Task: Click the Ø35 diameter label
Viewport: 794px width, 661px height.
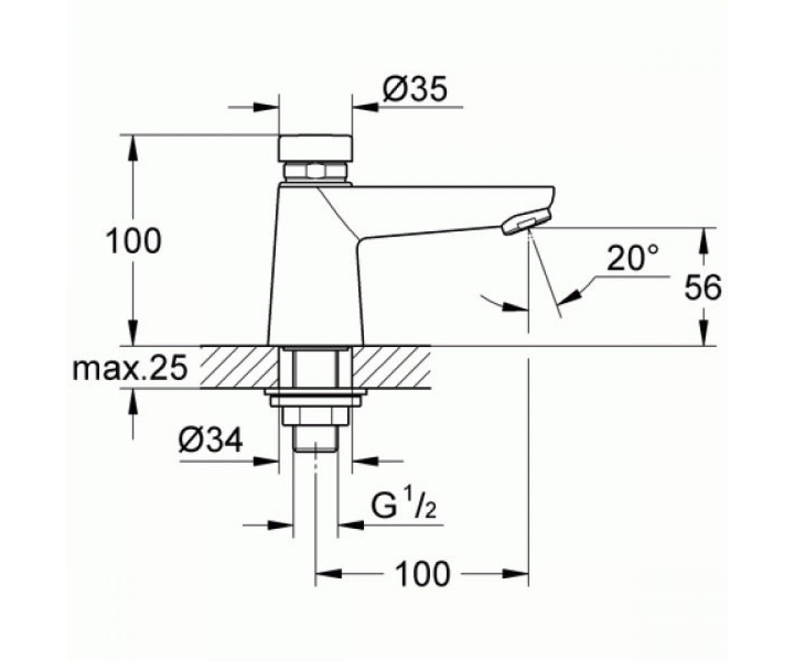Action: tap(415, 90)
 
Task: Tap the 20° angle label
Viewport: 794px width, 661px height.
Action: tap(632, 258)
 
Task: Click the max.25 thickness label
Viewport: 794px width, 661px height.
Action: tap(130, 368)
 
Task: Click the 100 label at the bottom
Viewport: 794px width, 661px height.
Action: tap(423, 574)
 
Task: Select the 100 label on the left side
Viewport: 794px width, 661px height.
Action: tap(134, 241)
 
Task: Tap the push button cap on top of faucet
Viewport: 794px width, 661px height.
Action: tap(315, 148)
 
